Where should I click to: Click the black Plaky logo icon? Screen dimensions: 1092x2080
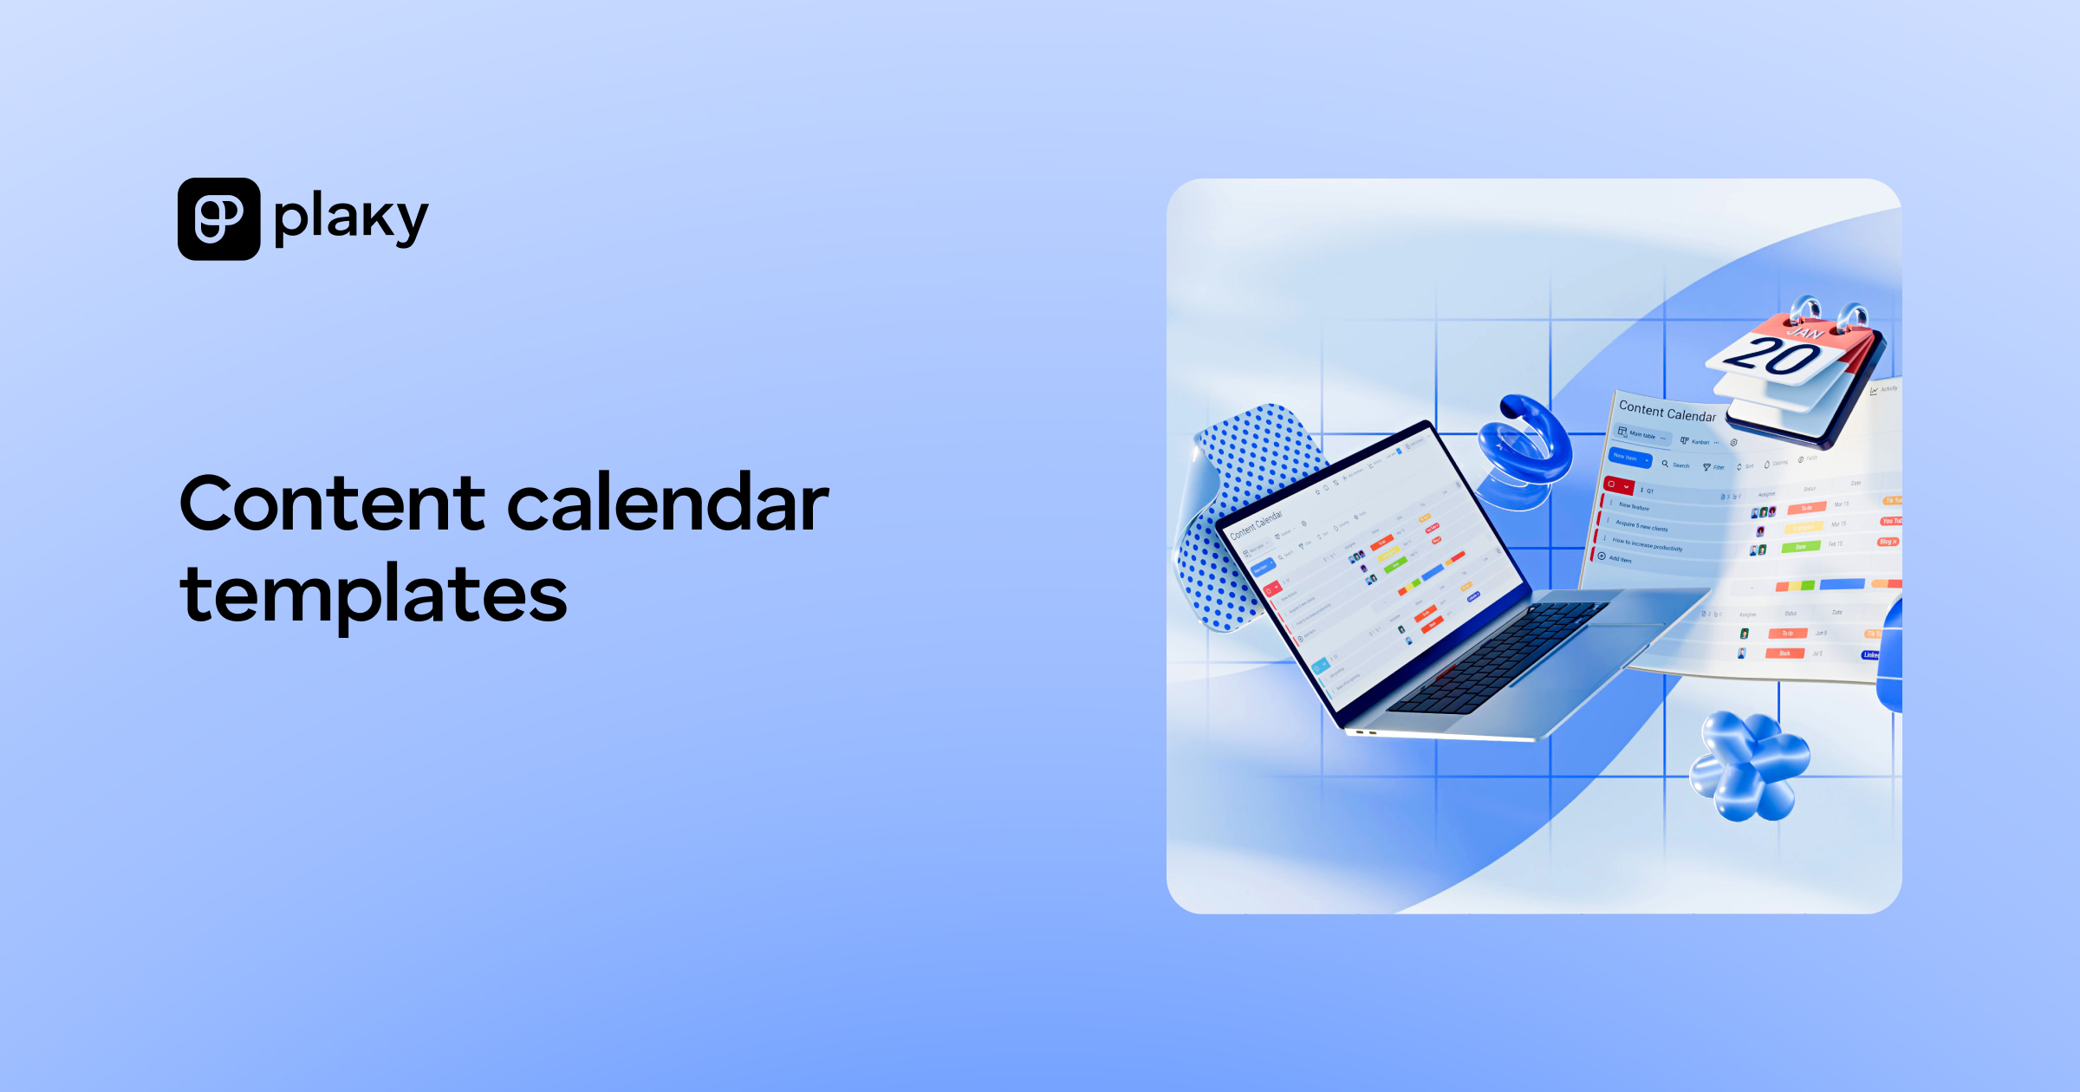(218, 218)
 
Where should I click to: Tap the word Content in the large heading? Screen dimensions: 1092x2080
(333, 504)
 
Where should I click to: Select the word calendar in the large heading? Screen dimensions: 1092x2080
(667, 504)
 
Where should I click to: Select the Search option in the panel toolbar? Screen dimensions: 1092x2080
(1676, 465)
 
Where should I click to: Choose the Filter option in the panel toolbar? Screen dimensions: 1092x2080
(1714, 467)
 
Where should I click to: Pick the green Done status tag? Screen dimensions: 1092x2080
(1800, 547)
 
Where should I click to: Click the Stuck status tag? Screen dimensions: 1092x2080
(1784, 653)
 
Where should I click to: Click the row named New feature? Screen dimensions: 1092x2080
(1634, 506)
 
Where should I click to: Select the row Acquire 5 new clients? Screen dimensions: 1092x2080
(1641, 526)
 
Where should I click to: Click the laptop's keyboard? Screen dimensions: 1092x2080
(1499, 659)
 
